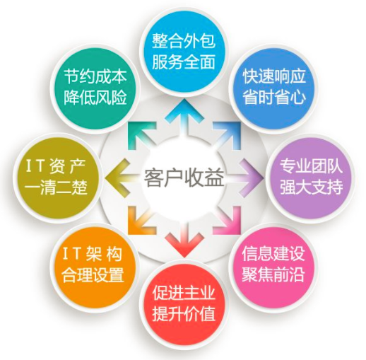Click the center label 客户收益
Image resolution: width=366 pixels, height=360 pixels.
coord(184,178)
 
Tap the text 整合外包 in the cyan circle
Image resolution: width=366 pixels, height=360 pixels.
coord(184,41)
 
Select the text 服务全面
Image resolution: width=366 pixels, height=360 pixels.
coord(184,62)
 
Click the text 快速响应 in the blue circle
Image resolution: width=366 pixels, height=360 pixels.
coord(274,76)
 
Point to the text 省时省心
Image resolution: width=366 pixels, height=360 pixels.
coord(274,97)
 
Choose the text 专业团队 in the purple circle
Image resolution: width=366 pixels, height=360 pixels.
coord(311,167)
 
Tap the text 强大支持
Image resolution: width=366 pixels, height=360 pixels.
coord(311,187)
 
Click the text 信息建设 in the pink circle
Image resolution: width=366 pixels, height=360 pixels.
coord(273,254)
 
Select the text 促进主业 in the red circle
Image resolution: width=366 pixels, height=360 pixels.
coord(184,293)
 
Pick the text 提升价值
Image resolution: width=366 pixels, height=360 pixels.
coord(184,314)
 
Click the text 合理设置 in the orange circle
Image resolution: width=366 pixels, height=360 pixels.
coord(93,274)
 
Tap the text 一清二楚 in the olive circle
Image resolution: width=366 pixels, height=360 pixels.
coord(56,187)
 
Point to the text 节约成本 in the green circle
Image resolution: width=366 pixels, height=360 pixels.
coord(95,76)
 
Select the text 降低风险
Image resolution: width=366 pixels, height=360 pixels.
coord(95,97)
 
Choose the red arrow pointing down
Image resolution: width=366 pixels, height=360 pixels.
coord(184,239)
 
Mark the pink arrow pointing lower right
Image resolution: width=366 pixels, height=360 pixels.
coord(228,221)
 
